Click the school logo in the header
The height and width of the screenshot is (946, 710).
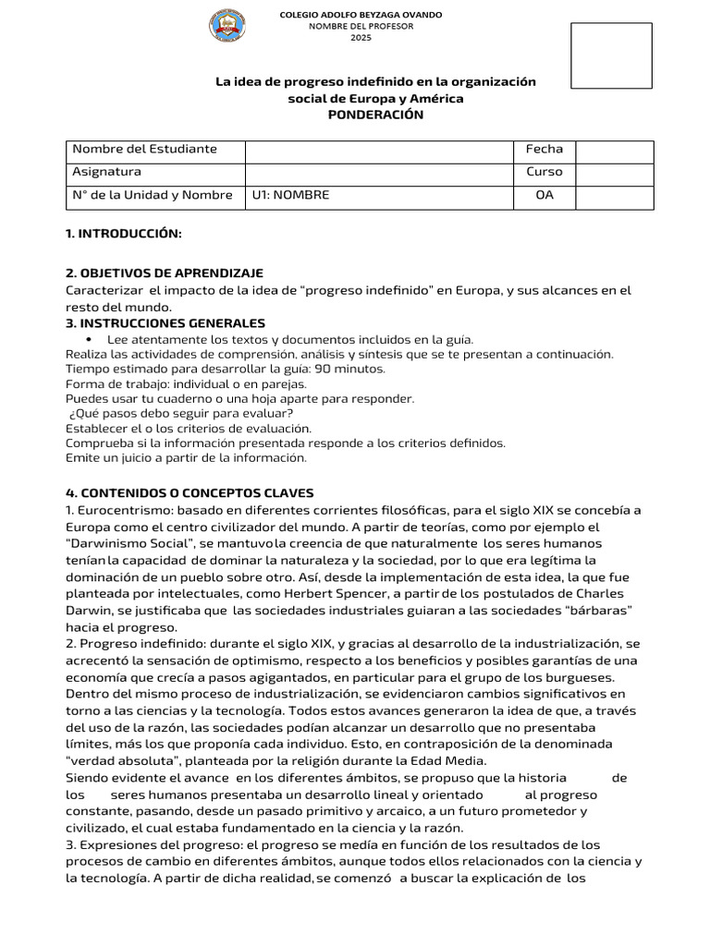pos(227,26)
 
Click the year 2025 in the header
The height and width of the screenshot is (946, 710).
pos(361,37)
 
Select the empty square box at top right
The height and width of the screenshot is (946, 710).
pos(611,55)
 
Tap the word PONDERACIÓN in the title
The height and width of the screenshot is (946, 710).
pos(375,115)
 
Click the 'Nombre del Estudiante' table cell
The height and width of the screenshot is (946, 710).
pos(145,149)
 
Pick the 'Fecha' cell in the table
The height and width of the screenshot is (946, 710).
pos(544,149)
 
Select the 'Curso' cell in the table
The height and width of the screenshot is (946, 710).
pos(544,172)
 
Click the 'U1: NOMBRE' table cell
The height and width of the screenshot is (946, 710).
pos(290,195)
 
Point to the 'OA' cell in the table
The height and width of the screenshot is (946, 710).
pos(544,195)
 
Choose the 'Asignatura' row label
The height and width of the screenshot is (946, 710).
pos(107,172)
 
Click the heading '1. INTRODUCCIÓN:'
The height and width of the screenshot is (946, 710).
pos(124,234)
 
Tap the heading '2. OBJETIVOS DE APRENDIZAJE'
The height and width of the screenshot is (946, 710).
pos(165,273)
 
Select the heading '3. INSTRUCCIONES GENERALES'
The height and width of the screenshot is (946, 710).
pos(165,323)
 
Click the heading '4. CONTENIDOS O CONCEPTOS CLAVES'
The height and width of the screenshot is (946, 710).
pos(190,493)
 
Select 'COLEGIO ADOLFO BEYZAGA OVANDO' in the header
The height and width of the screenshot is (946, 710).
pos(361,15)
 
